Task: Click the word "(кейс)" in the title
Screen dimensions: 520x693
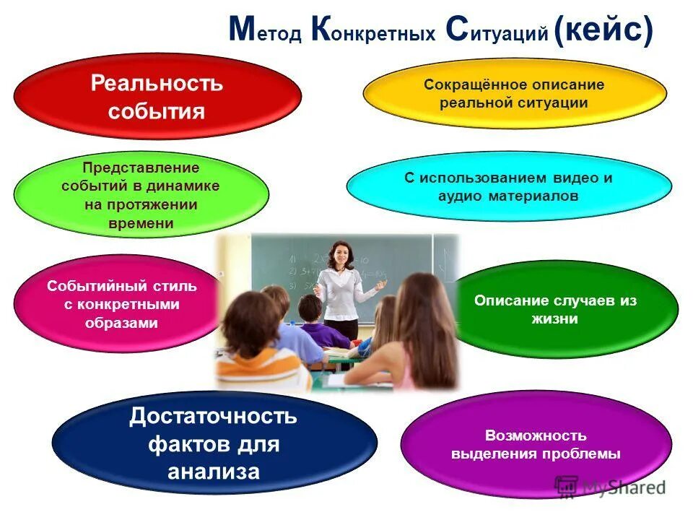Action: pyautogui.click(x=604, y=31)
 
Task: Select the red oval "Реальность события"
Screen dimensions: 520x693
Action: pyautogui.click(x=157, y=97)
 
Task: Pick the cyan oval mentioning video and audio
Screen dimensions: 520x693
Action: pyautogui.click(x=508, y=186)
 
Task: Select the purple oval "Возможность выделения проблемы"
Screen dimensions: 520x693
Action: pyautogui.click(x=536, y=445)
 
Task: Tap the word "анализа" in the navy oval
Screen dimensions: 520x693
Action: pyautogui.click(x=214, y=472)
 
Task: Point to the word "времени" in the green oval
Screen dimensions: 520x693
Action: pyautogui.click(x=141, y=223)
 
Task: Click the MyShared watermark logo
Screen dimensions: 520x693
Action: pyautogui.click(x=611, y=487)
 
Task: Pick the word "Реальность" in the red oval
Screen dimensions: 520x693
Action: pyautogui.click(x=157, y=83)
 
